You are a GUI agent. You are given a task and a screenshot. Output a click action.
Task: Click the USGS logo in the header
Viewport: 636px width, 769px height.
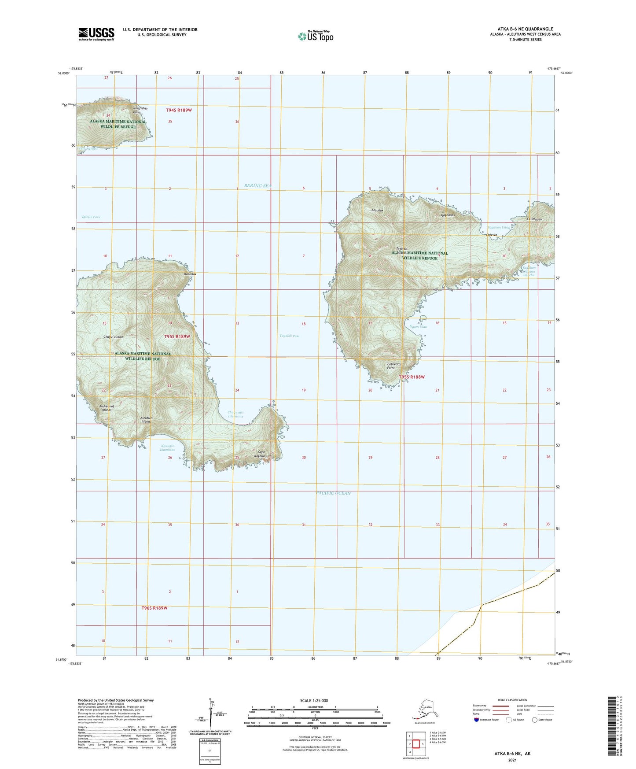[x=96, y=34]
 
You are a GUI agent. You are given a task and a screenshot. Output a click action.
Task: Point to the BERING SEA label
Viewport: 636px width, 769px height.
[x=257, y=186]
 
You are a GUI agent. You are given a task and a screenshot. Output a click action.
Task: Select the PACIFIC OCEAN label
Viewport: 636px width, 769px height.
[x=333, y=493]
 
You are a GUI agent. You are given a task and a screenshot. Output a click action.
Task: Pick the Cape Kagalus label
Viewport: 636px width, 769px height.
[x=261, y=454]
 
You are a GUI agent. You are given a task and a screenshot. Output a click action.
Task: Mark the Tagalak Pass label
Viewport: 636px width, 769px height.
[x=289, y=336]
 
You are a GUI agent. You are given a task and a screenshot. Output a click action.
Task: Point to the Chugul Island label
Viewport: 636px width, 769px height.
[x=113, y=337]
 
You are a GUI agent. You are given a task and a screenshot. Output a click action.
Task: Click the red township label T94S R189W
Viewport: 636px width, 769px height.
[x=179, y=110]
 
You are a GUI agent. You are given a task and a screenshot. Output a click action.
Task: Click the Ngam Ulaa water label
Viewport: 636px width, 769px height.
[x=418, y=327]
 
